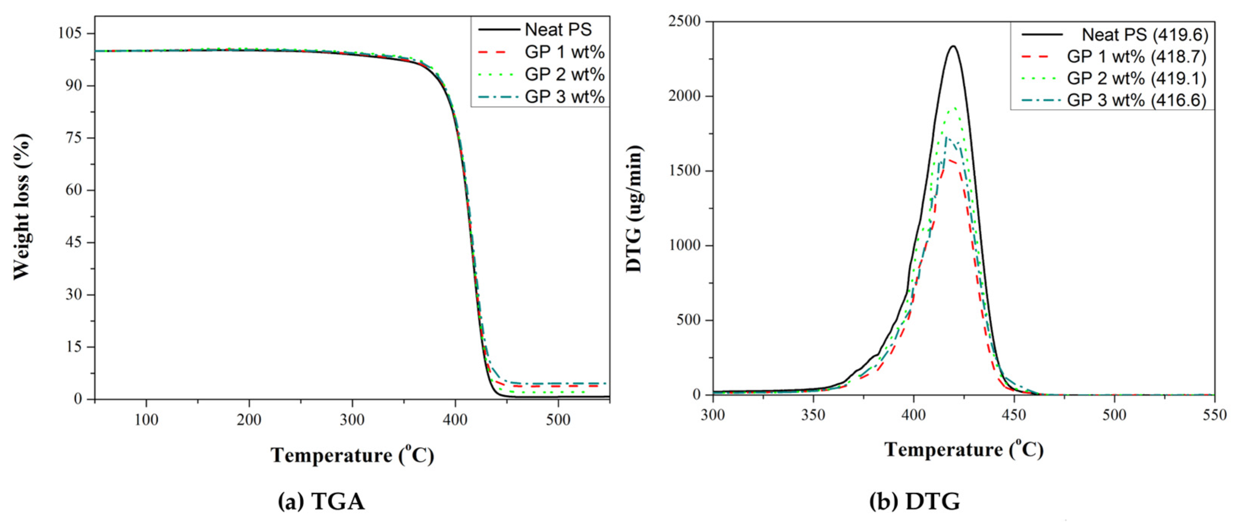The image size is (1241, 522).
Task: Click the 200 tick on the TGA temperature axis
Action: (x=249, y=420)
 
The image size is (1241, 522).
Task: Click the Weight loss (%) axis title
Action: (x=22, y=207)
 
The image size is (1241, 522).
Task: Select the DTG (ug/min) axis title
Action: (x=634, y=208)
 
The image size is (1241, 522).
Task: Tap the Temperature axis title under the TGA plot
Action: (x=352, y=455)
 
